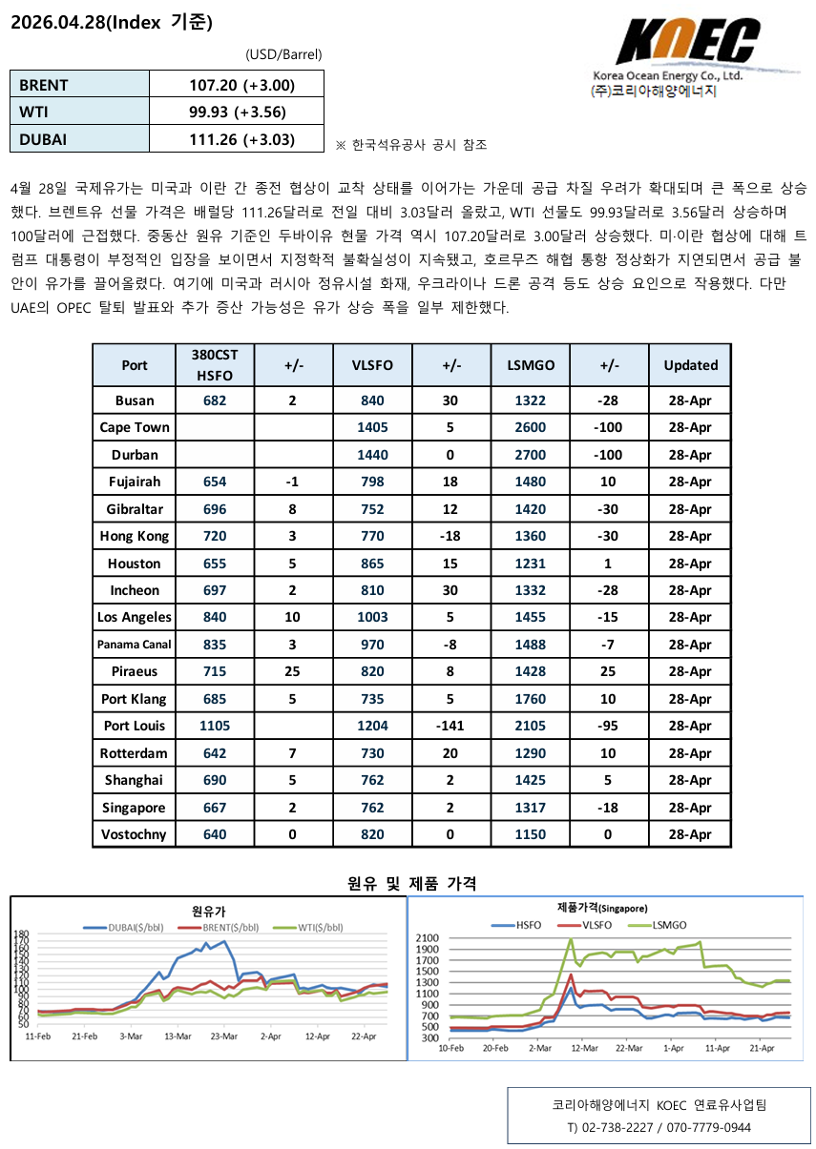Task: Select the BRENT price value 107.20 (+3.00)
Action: click(241, 85)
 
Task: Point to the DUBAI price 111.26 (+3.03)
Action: click(241, 139)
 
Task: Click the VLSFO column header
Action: click(372, 364)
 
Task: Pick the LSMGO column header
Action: click(530, 364)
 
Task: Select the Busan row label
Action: click(135, 400)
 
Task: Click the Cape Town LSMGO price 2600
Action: click(530, 427)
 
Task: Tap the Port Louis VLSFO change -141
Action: click(450, 726)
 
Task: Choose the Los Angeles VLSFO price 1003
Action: click(372, 617)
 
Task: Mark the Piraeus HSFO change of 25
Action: click(293, 671)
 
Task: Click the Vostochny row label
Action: click(135, 834)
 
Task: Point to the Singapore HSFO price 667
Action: click(215, 808)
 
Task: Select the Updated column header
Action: click(690, 364)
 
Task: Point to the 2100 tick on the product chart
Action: click(427, 938)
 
